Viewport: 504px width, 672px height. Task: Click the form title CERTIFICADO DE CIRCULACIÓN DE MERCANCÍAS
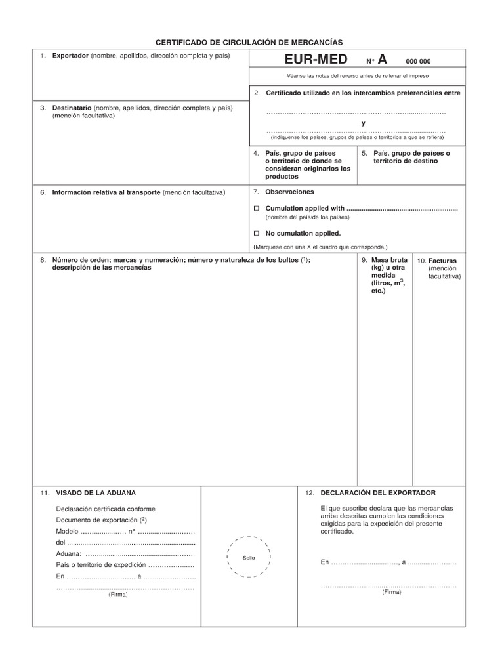[249, 41]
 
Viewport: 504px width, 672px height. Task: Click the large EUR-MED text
[316, 61]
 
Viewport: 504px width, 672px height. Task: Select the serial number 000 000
[418, 62]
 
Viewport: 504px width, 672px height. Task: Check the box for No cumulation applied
[257, 233]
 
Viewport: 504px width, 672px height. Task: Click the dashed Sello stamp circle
[249, 557]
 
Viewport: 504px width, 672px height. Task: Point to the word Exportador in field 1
[70, 56]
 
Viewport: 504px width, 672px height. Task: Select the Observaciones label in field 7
[289, 192]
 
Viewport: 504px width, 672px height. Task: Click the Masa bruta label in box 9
[389, 260]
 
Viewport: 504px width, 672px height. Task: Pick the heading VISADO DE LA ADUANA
[96, 492]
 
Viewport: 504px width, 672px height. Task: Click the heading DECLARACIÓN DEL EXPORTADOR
[378, 492]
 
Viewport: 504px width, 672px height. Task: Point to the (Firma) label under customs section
[118, 595]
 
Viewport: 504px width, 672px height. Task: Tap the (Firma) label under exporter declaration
[391, 591]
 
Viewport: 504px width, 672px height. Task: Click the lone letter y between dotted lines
[363, 123]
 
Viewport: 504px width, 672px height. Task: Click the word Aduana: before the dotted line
[69, 553]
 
